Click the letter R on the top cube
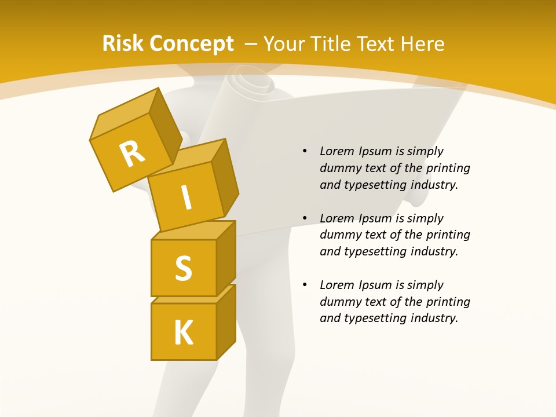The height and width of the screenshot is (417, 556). tap(132, 153)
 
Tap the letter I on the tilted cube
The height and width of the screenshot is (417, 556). tap(186, 198)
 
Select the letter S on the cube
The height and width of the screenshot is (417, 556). tap(184, 268)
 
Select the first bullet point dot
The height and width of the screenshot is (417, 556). tap(305, 152)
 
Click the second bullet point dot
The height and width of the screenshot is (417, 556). tap(305, 218)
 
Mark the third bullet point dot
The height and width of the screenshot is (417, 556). tap(305, 285)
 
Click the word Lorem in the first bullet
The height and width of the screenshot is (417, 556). tap(336, 152)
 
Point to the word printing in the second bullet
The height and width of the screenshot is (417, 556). tap(448, 235)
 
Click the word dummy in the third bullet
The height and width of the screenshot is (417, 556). tap(339, 302)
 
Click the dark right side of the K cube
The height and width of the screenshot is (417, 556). tap(226, 321)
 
